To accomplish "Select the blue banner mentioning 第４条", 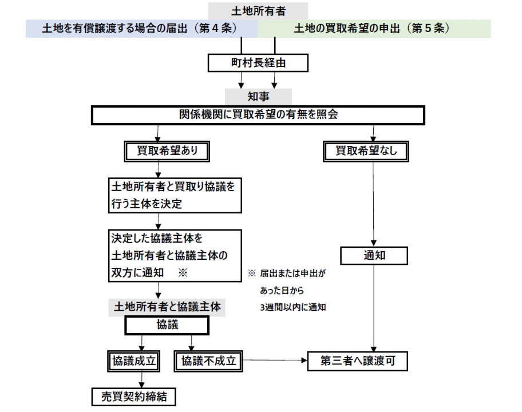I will tap(141, 29).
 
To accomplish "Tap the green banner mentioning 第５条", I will tap(374, 29).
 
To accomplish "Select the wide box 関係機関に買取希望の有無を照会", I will tap(258, 115).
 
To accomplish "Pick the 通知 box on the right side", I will tap(374, 255).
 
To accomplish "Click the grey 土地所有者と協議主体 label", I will tap(167, 307).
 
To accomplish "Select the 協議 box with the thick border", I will tap(167, 325).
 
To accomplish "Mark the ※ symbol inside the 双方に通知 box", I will tap(183, 273).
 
